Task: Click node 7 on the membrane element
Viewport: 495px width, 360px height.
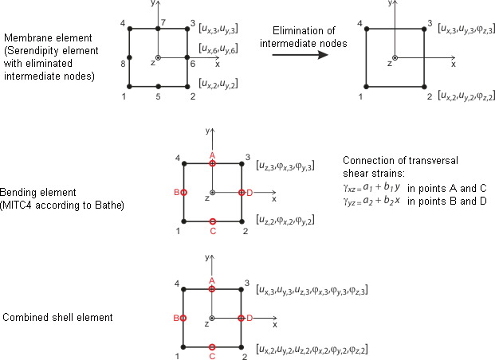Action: (159, 29)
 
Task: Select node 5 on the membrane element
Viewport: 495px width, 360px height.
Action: (159, 86)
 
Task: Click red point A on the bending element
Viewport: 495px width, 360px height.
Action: (212, 163)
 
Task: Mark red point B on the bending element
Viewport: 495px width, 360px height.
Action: (184, 192)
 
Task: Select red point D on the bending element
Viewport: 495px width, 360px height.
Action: (241, 192)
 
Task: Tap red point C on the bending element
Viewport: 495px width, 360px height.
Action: (212, 221)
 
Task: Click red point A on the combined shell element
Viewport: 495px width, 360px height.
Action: (212, 289)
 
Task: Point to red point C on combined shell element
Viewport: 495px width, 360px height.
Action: (212, 346)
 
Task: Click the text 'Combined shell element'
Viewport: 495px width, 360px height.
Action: (57, 317)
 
